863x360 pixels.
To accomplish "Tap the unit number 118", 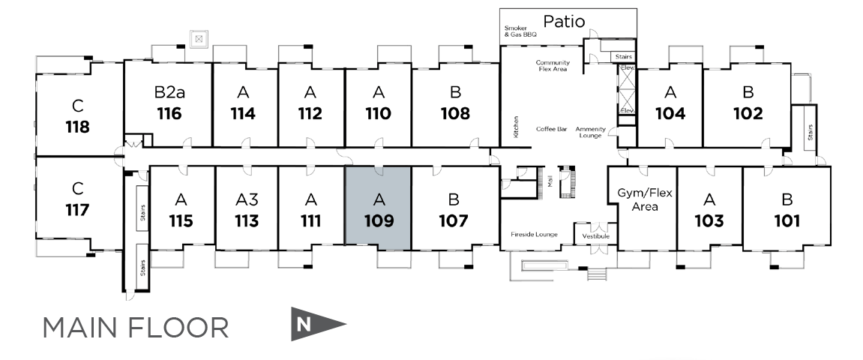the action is click(x=78, y=127).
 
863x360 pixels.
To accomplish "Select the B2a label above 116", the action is click(x=169, y=92).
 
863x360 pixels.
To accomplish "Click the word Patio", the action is click(x=564, y=22).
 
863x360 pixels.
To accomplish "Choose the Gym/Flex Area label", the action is click(x=645, y=199).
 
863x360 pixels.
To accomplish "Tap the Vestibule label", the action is click(x=595, y=236).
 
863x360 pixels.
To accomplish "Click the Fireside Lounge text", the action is click(x=534, y=235).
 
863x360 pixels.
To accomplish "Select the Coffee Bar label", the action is click(x=552, y=129).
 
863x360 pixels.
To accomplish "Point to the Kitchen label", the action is click(x=516, y=126).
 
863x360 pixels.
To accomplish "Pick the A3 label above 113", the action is click(x=247, y=199).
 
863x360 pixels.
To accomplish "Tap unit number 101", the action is click(x=787, y=220).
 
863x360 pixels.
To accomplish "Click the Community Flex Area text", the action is click(x=553, y=66).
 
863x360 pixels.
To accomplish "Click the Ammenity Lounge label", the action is click(x=591, y=132).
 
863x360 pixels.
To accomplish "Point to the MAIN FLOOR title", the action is click(x=136, y=328).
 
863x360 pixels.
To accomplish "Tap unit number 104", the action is click(x=670, y=113).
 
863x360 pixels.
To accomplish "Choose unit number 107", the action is click(x=454, y=220).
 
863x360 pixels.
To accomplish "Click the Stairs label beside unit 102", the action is click(x=810, y=132).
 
